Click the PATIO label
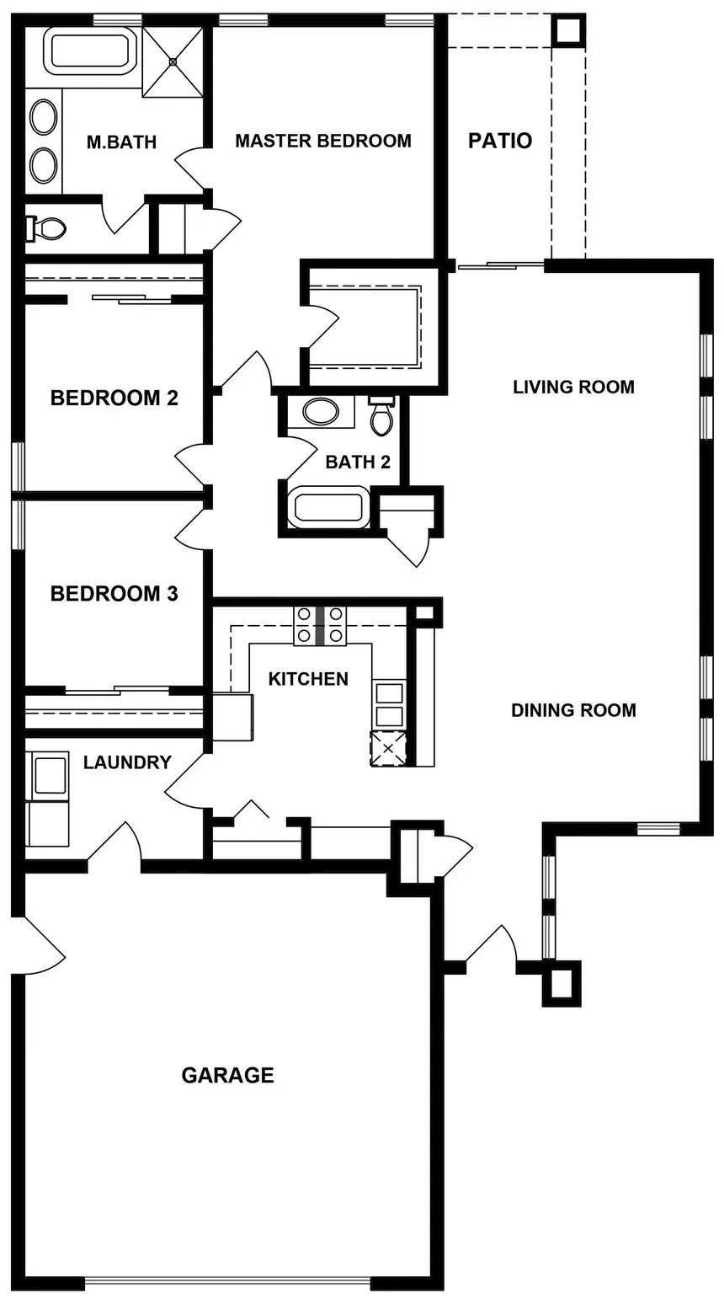point(500,141)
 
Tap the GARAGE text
point(227,1075)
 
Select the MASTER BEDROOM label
point(323,141)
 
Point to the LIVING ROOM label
point(573,387)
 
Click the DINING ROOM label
point(573,710)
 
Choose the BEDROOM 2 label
point(114,398)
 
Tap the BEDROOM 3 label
point(114,593)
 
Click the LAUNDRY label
point(127,762)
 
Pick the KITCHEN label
point(308,679)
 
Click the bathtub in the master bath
point(90,51)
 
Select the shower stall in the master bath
point(173,61)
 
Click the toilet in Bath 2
point(381,416)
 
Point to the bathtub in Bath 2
point(328,507)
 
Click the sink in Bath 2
point(321,412)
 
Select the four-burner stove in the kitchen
point(320,625)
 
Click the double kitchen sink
point(389,704)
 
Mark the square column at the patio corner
point(568,31)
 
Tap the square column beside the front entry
point(562,983)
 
